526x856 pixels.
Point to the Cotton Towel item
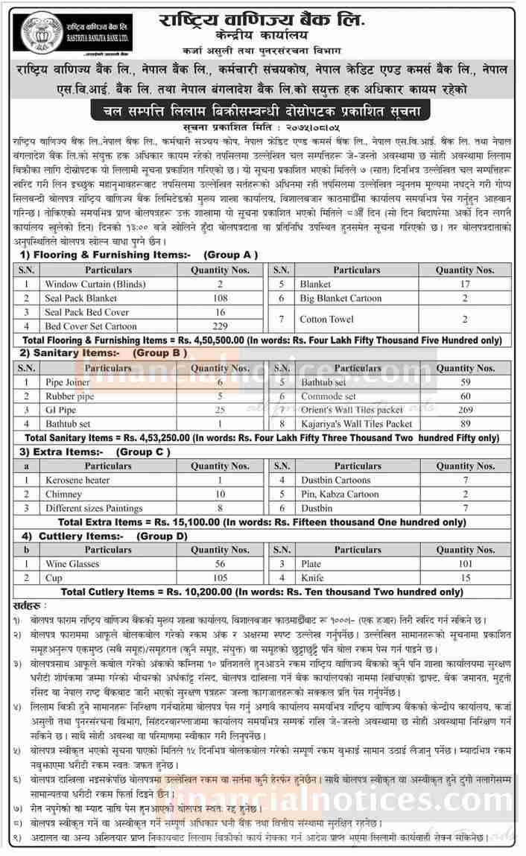[x=326, y=319]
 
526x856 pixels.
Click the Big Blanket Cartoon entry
[x=342, y=298]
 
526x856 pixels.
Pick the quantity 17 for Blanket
[x=464, y=284]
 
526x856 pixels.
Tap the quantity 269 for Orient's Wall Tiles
[x=466, y=410]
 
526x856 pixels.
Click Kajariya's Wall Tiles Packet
[x=355, y=423]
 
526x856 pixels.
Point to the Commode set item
[x=328, y=396]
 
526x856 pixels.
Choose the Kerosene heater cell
[x=77, y=481]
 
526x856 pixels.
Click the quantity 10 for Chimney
[x=221, y=494]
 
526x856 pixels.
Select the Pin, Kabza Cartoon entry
[x=339, y=494]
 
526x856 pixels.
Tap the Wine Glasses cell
[x=72, y=564]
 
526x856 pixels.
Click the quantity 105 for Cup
[x=220, y=577]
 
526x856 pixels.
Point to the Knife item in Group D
[x=311, y=577]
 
